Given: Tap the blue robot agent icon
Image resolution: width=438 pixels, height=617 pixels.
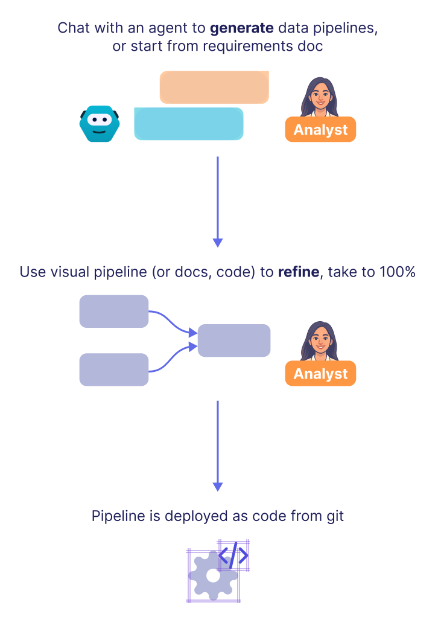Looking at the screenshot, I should pos(100,124).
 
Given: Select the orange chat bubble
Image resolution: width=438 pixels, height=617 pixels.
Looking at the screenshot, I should pos(214,87).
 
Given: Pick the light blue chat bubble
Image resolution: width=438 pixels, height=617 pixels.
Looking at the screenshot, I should pos(188,124).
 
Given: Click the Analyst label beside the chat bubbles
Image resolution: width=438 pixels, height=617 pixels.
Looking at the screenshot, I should pos(320,130).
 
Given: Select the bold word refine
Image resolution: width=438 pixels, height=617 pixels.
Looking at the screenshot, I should pos(298,272).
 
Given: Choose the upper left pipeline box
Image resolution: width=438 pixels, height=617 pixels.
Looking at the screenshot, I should pos(114,312).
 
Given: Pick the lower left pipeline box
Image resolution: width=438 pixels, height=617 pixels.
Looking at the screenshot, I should pos(114,369).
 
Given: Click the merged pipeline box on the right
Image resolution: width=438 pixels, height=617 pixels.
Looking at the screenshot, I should pos(234,340).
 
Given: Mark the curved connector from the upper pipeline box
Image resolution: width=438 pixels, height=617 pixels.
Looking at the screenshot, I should pos(173,321).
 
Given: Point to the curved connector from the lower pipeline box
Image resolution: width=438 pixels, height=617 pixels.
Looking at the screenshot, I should pos(173,360).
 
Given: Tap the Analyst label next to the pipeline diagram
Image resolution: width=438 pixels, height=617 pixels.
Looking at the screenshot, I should pos(320,374).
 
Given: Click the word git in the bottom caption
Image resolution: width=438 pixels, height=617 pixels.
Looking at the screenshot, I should pos(334,516).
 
